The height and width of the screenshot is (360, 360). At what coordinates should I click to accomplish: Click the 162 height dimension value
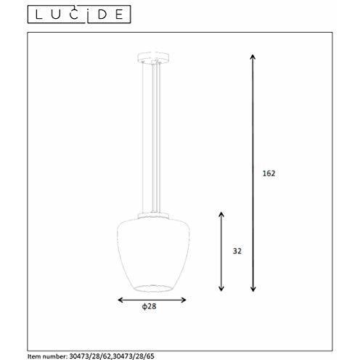coord(269,173)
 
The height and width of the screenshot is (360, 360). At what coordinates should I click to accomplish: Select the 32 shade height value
coord(237,250)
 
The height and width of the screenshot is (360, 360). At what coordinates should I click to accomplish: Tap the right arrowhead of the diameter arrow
coord(184,300)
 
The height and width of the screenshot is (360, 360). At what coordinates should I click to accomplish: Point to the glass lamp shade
coord(152,254)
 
